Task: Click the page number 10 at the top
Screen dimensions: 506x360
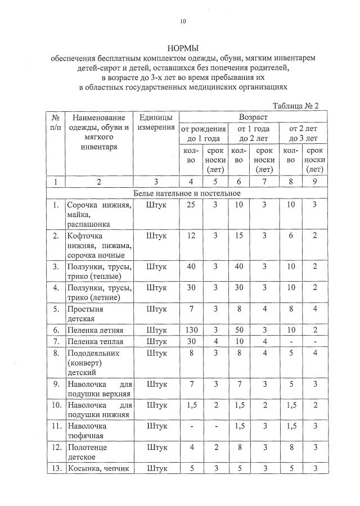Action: [x=182, y=21]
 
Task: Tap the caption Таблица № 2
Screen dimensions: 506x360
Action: [x=296, y=106]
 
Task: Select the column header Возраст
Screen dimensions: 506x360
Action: [x=253, y=117]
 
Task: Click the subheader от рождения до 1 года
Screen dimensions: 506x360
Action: [x=203, y=133]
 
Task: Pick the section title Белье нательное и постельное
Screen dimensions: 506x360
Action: [x=186, y=193]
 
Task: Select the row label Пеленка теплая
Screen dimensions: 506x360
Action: [x=95, y=341]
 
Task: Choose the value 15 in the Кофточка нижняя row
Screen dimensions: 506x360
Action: [x=239, y=236]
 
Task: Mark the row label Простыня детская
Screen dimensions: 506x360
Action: [x=85, y=313]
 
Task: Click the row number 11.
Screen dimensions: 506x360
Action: [x=56, y=426]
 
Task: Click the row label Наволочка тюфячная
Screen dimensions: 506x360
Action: [x=87, y=430]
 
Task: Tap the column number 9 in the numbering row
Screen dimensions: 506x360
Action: [x=314, y=181]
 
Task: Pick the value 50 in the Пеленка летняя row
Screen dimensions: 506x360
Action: [x=239, y=329]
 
